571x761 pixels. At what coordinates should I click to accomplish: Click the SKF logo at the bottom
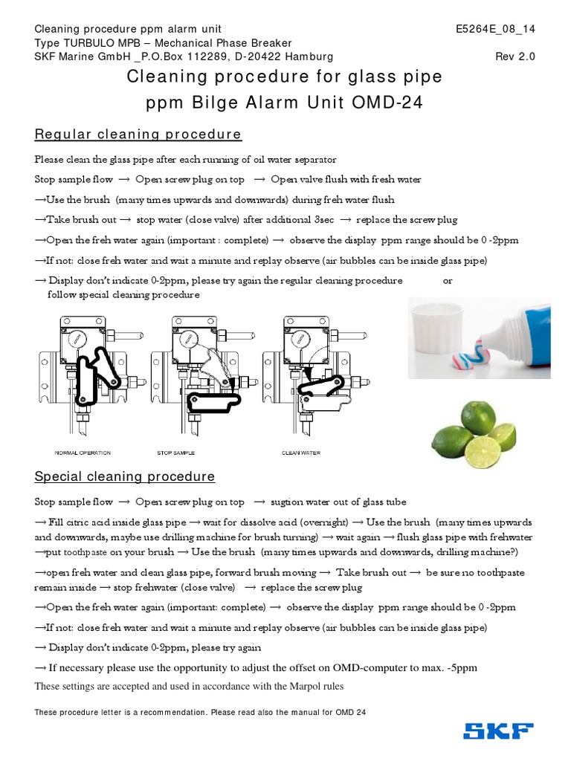point(498,731)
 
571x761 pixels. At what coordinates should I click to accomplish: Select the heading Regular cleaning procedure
point(138,135)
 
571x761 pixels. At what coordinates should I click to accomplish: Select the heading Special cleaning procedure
point(125,476)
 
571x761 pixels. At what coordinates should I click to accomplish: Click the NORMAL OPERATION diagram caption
point(83,453)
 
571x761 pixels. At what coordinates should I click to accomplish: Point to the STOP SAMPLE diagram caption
point(175,453)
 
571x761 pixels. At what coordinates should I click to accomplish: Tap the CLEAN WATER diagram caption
point(300,453)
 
